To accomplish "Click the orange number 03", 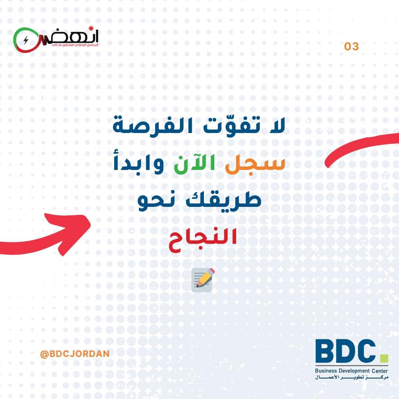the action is [x=351, y=46].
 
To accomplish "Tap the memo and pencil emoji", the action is [x=203, y=280].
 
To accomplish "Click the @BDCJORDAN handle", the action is [x=75, y=354].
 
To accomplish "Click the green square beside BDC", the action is [x=384, y=358].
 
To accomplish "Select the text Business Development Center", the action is [x=351, y=371].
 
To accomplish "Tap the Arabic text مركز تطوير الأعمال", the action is [x=352, y=377].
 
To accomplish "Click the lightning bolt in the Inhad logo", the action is [x=26, y=40].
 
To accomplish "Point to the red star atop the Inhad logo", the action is [x=91, y=28].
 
